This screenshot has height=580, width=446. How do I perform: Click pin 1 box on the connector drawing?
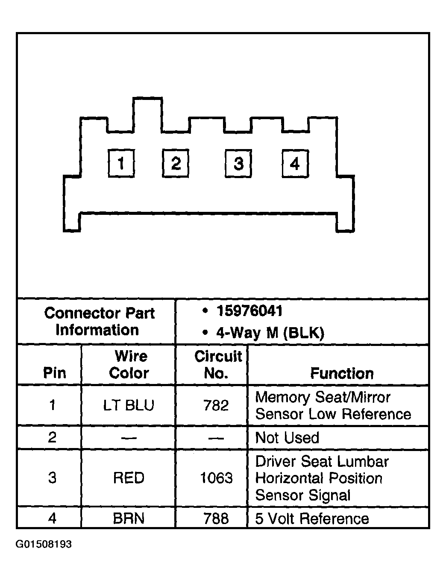(x=121, y=163)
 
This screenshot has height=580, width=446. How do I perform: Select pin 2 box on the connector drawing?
(x=175, y=163)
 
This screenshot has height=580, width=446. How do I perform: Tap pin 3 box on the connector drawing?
(x=238, y=163)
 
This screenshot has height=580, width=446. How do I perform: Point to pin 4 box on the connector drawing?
(x=296, y=163)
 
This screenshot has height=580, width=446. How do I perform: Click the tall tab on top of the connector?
(x=148, y=115)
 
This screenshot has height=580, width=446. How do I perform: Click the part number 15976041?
(x=249, y=311)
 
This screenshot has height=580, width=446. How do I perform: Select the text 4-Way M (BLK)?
(x=270, y=333)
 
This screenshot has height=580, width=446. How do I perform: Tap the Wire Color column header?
(x=129, y=365)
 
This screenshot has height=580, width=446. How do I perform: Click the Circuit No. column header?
(x=218, y=365)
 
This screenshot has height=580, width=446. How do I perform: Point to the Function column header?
(x=342, y=373)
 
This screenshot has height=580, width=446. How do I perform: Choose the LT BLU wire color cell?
(x=129, y=405)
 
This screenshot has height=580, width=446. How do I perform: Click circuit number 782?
(x=216, y=405)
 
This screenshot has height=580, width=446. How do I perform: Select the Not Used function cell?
(x=287, y=438)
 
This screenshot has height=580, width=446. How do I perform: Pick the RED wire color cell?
(x=129, y=478)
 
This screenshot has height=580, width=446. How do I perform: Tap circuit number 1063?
(x=216, y=478)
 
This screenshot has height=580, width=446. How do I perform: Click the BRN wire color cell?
(x=129, y=518)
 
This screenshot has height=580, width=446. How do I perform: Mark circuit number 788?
(x=216, y=518)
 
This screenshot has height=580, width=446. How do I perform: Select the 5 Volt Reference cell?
(x=312, y=518)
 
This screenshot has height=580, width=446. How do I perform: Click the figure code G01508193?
(x=44, y=544)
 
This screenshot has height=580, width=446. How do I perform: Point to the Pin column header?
(x=54, y=373)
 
